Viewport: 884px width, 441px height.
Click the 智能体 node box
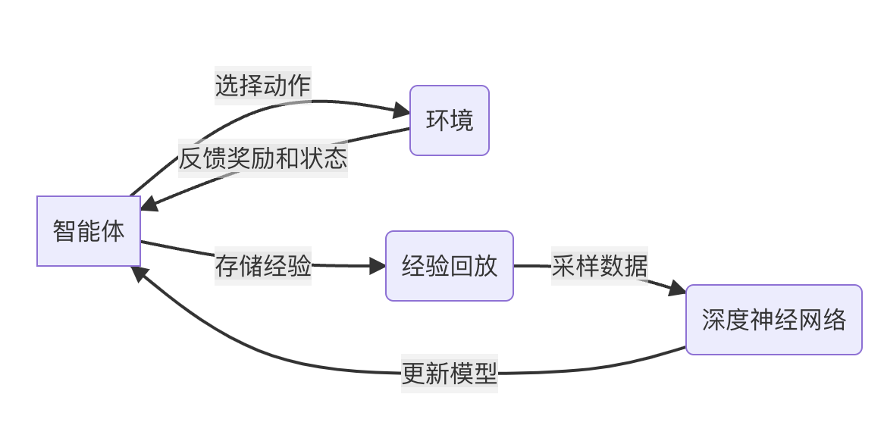(x=89, y=231)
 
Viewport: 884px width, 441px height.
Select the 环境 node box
(x=450, y=120)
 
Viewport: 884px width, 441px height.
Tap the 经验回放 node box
(x=450, y=266)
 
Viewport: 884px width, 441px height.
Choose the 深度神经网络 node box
(x=773, y=320)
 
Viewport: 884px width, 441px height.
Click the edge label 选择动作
(x=263, y=85)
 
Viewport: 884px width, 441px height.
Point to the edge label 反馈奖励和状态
(x=263, y=158)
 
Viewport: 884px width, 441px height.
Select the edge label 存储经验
(x=263, y=265)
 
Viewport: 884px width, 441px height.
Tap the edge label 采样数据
(x=600, y=266)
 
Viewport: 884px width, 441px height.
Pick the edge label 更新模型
(x=450, y=373)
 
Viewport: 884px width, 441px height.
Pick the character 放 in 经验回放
(x=486, y=266)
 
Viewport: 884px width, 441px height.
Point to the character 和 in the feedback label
(x=287, y=158)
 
